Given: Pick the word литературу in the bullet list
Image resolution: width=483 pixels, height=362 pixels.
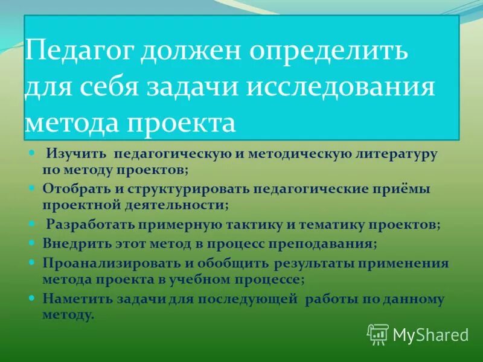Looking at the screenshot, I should [397, 155].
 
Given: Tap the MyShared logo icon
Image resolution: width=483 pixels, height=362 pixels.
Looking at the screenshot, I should [378, 334].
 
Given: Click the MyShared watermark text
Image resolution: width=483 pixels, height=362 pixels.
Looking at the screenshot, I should [430, 334].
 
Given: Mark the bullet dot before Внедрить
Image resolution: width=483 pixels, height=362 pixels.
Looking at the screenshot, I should [32, 244].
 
